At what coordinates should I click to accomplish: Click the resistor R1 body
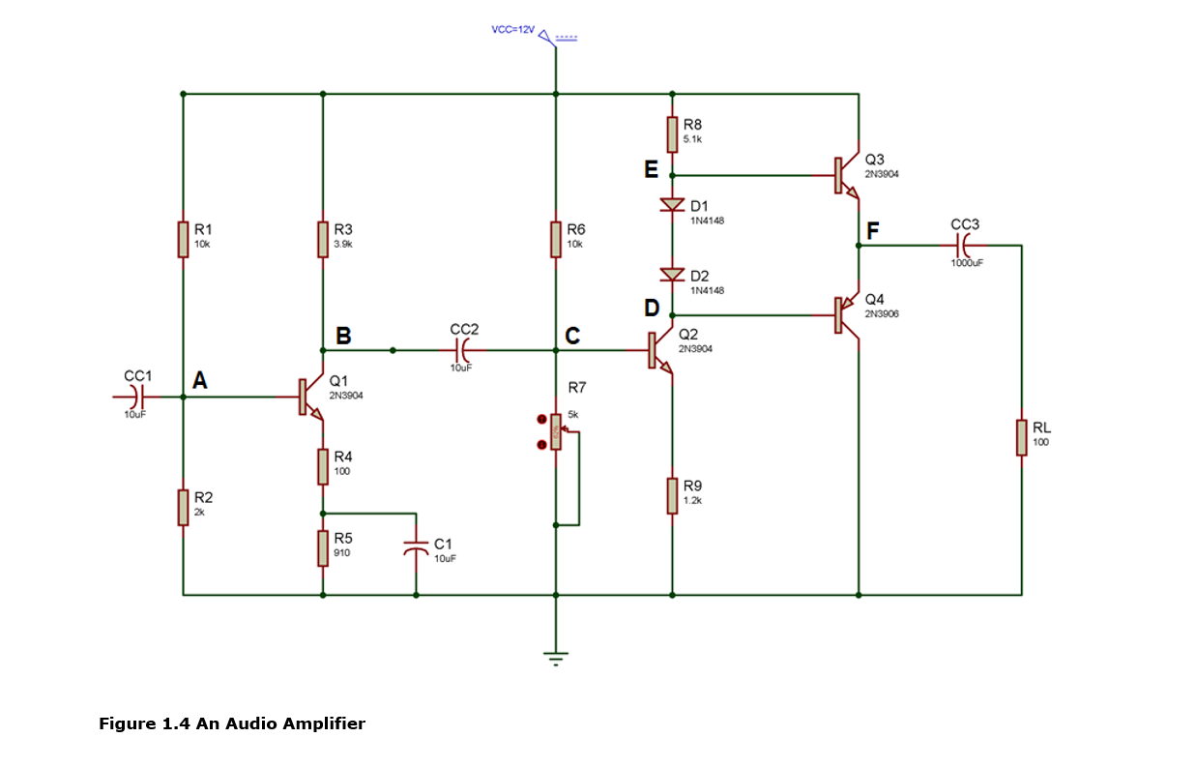pos(183,239)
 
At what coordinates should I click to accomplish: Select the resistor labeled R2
pos(183,507)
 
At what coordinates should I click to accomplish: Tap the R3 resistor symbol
pos(322,239)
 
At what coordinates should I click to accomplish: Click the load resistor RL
pos(1021,437)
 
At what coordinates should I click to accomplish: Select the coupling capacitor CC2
pos(461,349)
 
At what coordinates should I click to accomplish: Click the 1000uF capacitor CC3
pos(964,245)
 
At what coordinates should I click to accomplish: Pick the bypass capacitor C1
pos(416,547)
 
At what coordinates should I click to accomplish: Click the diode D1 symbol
pos(671,205)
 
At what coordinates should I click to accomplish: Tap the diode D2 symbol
pos(671,277)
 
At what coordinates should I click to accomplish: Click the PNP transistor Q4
pos(845,314)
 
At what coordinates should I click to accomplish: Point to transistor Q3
pos(845,176)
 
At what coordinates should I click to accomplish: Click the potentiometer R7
pos(556,431)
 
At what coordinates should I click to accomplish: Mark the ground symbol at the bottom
pos(556,658)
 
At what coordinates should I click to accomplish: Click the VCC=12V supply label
pos(512,31)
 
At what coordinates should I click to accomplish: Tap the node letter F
pos(873,231)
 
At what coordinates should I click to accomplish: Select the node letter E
pos(651,170)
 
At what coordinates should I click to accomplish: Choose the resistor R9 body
pos(671,495)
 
